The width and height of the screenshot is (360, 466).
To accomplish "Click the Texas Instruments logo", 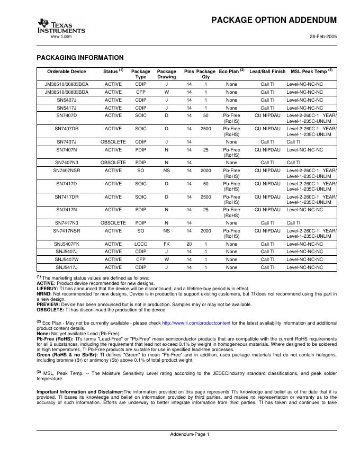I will pyautogui.click(x=60, y=25).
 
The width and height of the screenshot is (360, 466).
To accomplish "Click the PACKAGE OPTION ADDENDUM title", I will pyautogui.click(x=274, y=20).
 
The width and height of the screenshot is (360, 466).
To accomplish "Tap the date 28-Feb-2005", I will pyautogui.click(x=323, y=37).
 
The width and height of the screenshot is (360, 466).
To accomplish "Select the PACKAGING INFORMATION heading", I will pyautogui.click(x=80, y=57).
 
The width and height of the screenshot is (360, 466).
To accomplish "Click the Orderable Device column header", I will pyautogui.click(x=67, y=71).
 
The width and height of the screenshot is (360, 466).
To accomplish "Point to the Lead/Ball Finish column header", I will pyautogui.click(x=267, y=71).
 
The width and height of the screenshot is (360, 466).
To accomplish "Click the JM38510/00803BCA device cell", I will pyautogui.click(x=67, y=84).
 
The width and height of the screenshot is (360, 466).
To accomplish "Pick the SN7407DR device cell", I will pyautogui.click(x=67, y=129).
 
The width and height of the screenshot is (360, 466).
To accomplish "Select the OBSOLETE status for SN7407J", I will pyautogui.click(x=113, y=142).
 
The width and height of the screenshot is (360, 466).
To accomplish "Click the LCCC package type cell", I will pyautogui.click(x=141, y=244).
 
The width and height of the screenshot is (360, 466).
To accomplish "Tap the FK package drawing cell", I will pyautogui.click(x=166, y=244).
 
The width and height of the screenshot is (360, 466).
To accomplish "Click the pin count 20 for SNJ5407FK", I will pyautogui.click(x=189, y=244).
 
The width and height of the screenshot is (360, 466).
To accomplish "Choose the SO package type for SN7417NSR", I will pyautogui.click(x=141, y=231).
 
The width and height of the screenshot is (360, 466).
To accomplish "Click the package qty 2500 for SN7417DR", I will pyautogui.click(x=205, y=197).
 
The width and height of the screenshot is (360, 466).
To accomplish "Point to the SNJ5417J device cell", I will pyautogui.click(x=67, y=267).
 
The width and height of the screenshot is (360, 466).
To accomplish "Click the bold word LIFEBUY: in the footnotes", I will pyautogui.click(x=47, y=289).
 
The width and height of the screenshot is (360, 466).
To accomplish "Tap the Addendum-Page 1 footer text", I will pyautogui.click(x=190, y=434).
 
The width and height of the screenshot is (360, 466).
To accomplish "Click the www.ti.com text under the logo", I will pyautogui.click(x=60, y=36).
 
